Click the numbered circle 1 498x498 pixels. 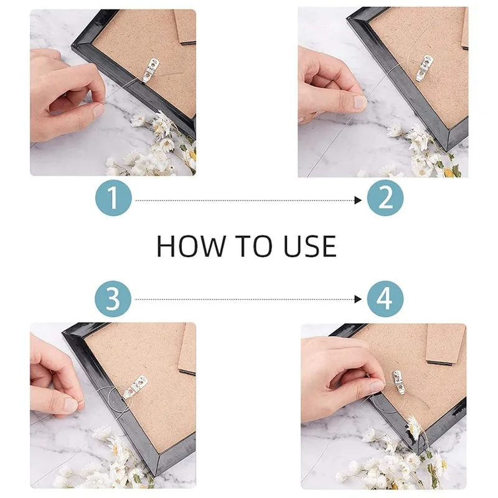point(113,198)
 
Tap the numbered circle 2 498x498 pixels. point(385,198)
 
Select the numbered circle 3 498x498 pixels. point(113,299)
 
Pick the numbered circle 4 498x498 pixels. point(385,299)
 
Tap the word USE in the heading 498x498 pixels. point(310,246)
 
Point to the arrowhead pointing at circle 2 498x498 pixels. point(358,200)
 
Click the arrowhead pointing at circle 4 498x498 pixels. point(358,299)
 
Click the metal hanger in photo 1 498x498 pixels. point(149,70)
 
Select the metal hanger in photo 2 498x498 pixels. point(424,67)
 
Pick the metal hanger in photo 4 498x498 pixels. point(399,383)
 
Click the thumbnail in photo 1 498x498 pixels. point(98,110)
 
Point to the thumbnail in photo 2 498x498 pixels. point(360,102)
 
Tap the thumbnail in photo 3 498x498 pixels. point(70,405)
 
